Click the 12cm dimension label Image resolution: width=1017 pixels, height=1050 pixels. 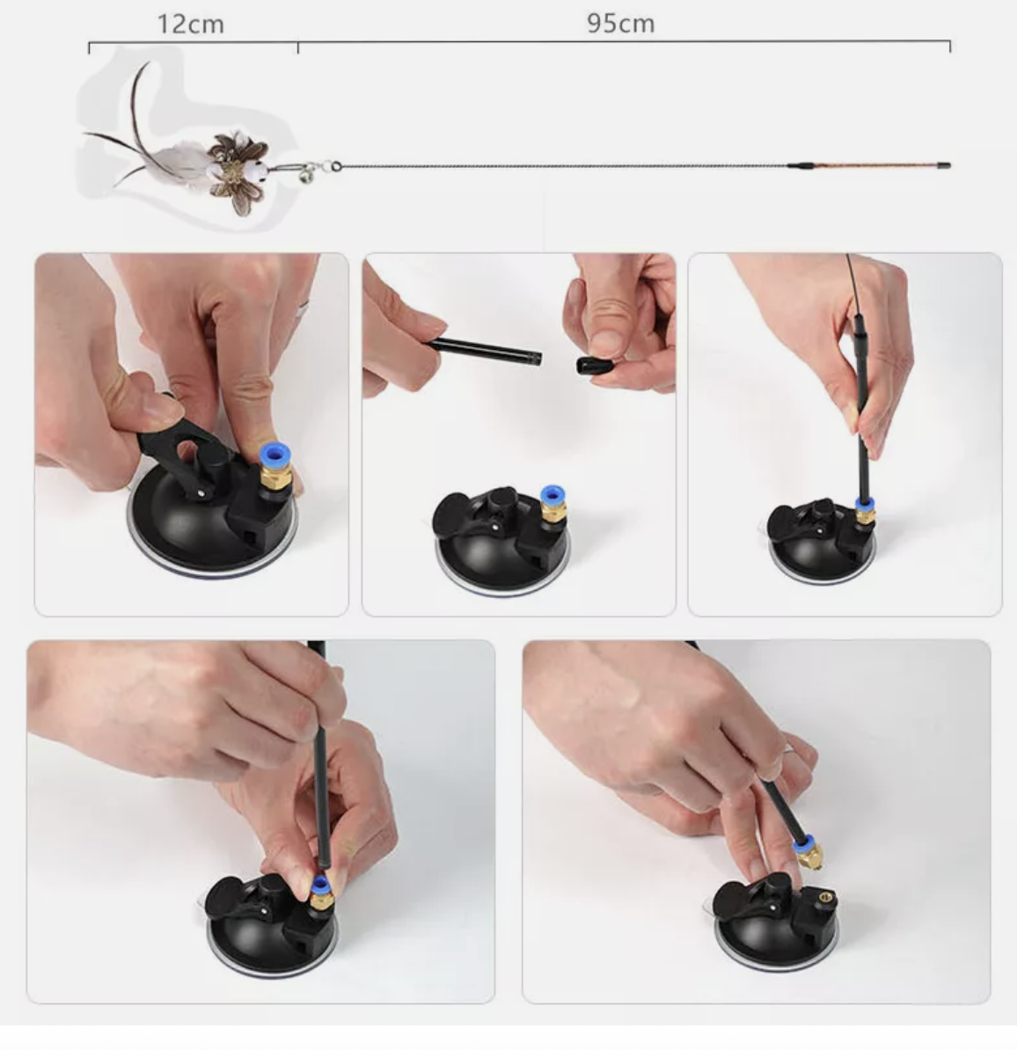click(190, 24)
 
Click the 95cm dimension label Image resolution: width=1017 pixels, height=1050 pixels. click(620, 24)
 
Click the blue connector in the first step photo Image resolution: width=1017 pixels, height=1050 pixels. click(274, 456)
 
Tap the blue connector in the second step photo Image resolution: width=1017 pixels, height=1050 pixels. click(552, 495)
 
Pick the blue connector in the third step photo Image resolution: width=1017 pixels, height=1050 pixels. click(864, 505)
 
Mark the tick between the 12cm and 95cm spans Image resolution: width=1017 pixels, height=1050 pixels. click(298, 47)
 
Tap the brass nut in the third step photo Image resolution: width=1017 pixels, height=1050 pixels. click(864, 516)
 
